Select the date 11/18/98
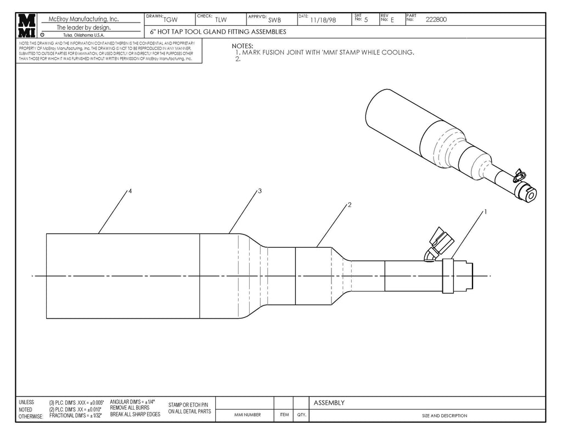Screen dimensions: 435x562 [x=323, y=20]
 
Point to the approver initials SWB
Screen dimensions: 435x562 [x=274, y=20]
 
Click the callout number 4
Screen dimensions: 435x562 [x=130, y=191]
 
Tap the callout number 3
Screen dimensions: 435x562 [x=259, y=191]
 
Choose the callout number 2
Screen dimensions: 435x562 [x=349, y=204]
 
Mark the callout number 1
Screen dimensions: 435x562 [x=485, y=211]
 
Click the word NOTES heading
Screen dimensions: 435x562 [x=242, y=46]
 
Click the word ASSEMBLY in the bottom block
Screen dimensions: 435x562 [x=329, y=403]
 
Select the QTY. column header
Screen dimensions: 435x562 [x=301, y=415]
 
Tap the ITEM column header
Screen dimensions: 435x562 [x=284, y=415]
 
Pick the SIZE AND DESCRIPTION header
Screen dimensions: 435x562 [x=445, y=416]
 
